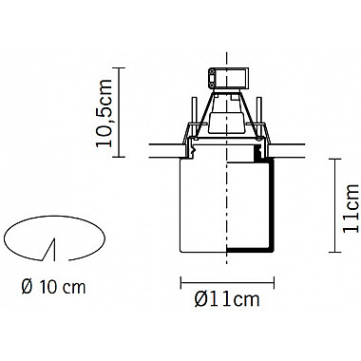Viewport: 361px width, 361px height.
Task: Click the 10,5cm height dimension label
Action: [x=104, y=113]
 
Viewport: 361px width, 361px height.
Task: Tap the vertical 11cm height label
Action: [x=351, y=208]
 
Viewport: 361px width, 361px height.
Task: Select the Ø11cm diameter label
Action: [x=227, y=298]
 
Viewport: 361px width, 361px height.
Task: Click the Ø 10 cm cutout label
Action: [x=53, y=287]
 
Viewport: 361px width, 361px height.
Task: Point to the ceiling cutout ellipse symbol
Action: [x=54, y=217]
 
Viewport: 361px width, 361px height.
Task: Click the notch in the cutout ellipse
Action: [x=50, y=250]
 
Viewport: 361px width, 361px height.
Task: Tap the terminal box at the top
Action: [x=227, y=78]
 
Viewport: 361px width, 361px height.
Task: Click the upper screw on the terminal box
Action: [x=211, y=73]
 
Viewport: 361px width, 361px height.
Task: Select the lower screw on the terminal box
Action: [x=211, y=84]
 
